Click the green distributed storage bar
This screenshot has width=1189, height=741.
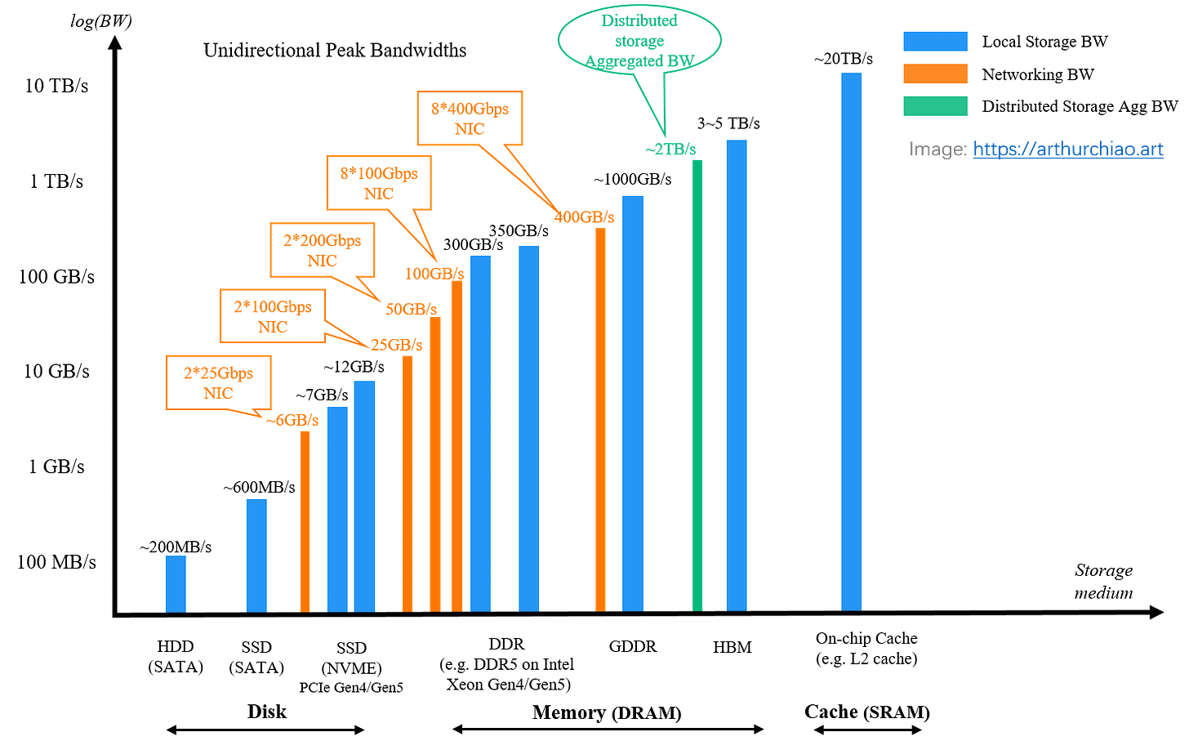pos(697,386)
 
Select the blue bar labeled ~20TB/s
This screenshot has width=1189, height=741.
pos(851,342)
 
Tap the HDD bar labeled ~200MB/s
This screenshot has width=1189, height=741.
pos(176,584)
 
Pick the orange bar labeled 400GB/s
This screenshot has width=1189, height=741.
pos(599,420)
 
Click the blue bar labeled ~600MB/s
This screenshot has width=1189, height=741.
pos(256,556)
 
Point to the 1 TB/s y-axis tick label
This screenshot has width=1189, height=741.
pos(56,181)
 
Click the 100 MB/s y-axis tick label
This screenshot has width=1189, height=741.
pos(57,561)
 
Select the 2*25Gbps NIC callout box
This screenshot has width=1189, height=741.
pos(219,382)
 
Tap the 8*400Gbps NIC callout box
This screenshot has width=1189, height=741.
pos(470,118)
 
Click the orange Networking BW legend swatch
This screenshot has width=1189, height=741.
pos(935,74)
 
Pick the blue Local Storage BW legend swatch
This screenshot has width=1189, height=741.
pos(935,42)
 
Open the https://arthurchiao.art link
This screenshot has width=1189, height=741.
pos(1068,149)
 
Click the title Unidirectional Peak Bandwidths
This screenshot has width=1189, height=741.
pos(335,50)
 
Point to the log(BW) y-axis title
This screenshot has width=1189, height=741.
pos(101,20)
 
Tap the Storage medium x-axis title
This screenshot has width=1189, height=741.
pos(1103,581)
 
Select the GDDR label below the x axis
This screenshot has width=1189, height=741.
pos(633,646)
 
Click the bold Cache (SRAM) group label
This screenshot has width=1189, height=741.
pos(866,712)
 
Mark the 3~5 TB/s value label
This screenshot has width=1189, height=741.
pos(728,123)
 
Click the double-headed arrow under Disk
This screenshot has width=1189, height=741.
pos(265,730)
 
